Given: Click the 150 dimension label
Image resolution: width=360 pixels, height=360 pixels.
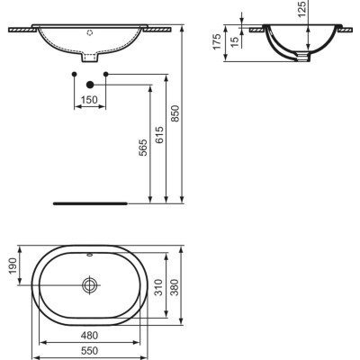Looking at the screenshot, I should pos(89,99).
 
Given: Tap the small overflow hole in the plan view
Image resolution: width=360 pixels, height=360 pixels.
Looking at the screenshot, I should pos(89,256).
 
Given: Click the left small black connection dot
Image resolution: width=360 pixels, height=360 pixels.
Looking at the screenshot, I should pos(72,72).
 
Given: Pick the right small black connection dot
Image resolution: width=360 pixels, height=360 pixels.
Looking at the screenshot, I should pos(106,72).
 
